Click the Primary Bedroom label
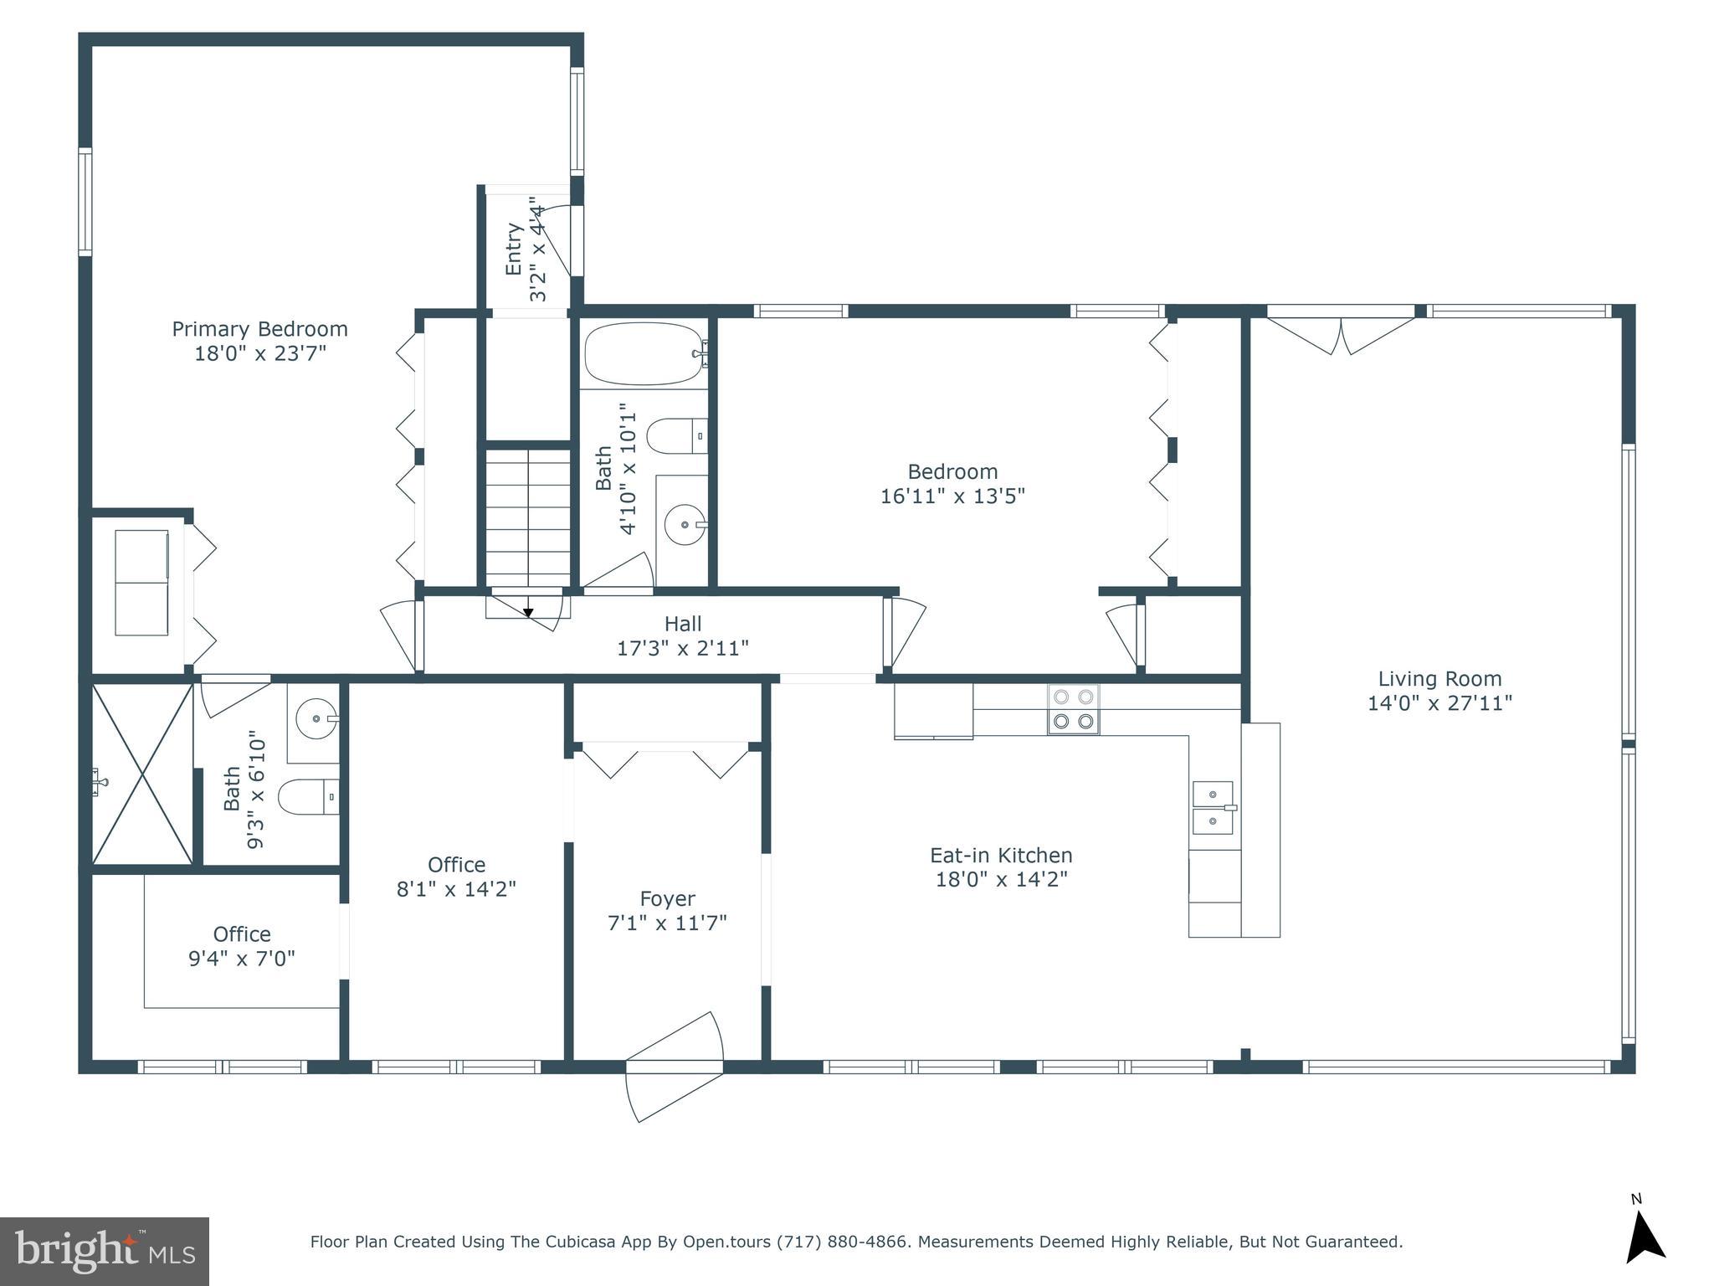[x=259, y=329]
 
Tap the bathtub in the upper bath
[x=643, y=354]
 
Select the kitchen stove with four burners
[x=1074, y=709]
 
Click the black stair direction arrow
[x=528, y=613]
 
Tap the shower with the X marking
[x=142, y=774]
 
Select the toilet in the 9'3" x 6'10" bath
[x=306, y=797]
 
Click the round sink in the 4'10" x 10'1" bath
[x=685, y=525]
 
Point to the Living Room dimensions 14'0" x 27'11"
[x=1439, y=703]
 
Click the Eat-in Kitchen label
[x=1001, y=855]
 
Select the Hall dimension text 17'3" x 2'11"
[x=682, y=648]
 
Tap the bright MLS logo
[x=105, y=1252]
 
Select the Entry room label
[x=514, y=249]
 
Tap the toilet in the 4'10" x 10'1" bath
[x=676, y=435]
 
